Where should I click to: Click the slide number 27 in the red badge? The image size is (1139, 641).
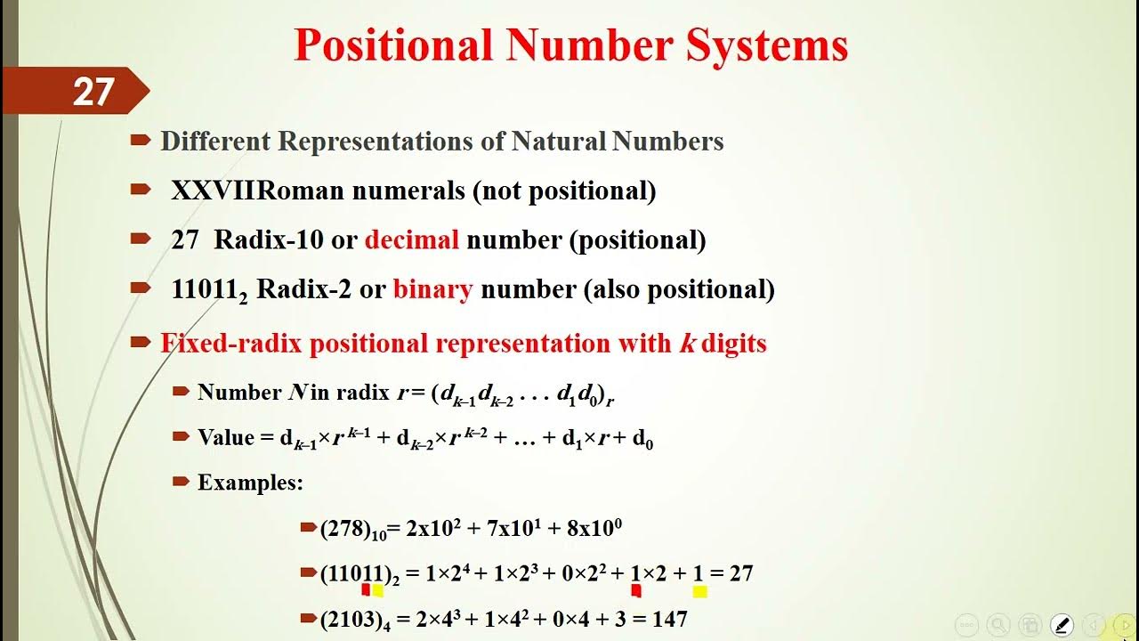point(93,92)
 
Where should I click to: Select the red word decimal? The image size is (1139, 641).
point(411,239)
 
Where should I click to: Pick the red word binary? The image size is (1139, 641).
point(432,289)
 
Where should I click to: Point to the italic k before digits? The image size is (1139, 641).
point(687,344)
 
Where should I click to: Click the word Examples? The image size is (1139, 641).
point(250,483)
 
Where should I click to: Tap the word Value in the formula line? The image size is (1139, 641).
point(226,438)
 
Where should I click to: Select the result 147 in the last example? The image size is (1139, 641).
point(668,619)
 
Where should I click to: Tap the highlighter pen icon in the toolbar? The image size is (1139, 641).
point(1062,625)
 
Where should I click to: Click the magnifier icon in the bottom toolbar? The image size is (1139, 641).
point(998,625)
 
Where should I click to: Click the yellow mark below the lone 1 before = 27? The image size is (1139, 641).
point(699,591)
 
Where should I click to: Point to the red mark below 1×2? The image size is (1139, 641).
point(636,589)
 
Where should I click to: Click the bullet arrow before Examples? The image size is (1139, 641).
point(182,482)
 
